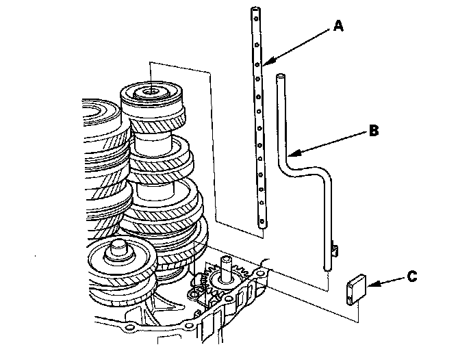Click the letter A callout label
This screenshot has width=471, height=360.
tap(338, 26)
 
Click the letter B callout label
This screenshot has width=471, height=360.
tap(373, 129)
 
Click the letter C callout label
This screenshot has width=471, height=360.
tap(411, 276)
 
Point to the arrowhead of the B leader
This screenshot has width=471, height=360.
tap(289, 157)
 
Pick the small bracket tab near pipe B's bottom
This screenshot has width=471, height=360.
tap(335, 248)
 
